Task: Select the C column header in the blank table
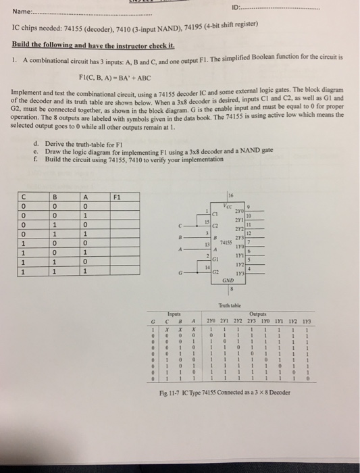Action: (x=23, y=198)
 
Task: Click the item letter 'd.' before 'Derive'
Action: (x=34, y=143)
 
